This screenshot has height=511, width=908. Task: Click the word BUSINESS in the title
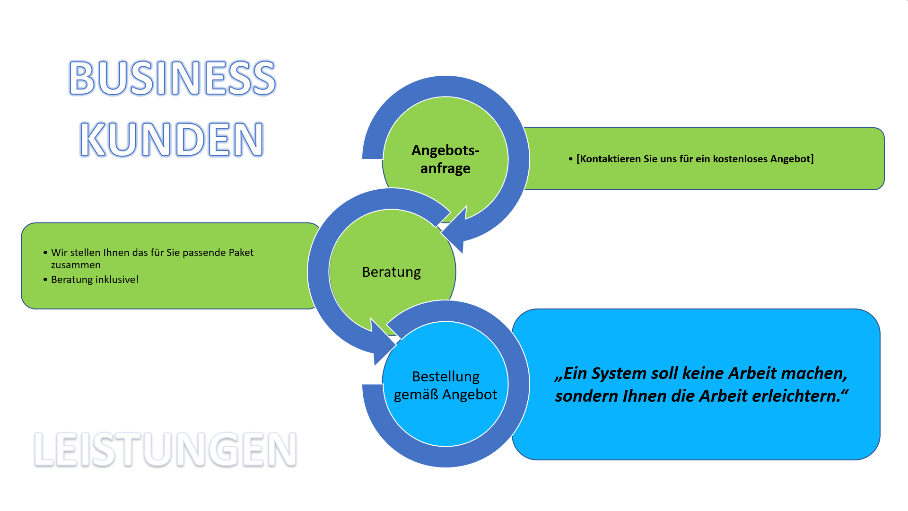[172, 78]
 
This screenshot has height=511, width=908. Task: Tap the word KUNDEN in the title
[172, 139]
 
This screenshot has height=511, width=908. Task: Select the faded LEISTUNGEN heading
[166, 449]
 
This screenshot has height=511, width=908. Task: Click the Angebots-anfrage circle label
[445, 159]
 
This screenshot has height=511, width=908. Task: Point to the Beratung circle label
[392, 272]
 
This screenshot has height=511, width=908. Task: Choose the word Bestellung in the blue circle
[445, 377]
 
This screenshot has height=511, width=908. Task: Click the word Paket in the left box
[242, 253]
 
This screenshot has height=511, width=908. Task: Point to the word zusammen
[76, 265]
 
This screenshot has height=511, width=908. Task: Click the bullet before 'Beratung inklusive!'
[45, 280]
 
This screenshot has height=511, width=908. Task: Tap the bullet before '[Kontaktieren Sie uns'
[571, 159]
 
